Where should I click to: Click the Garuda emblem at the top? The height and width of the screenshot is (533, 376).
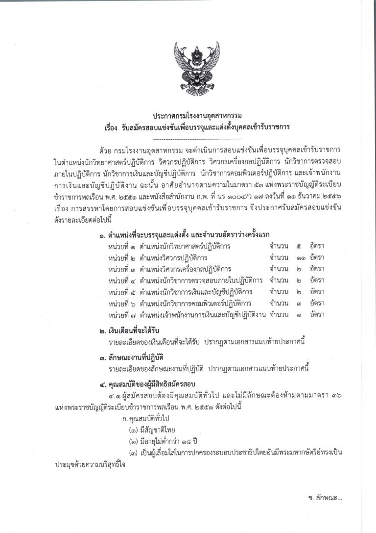(188, 64)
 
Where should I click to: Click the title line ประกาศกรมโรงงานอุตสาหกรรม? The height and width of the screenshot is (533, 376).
(188, 115)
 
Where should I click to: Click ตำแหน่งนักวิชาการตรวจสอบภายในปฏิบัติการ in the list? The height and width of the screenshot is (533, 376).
(201, 280)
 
